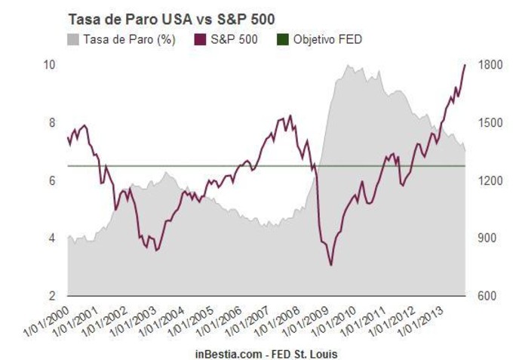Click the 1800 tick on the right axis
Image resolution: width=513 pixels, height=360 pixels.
point(485,65)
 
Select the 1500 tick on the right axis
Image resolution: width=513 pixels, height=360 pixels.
point(485,123)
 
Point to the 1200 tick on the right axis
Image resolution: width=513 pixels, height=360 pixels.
point(485,180)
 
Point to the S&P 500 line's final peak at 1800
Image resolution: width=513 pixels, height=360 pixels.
point(465,65)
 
